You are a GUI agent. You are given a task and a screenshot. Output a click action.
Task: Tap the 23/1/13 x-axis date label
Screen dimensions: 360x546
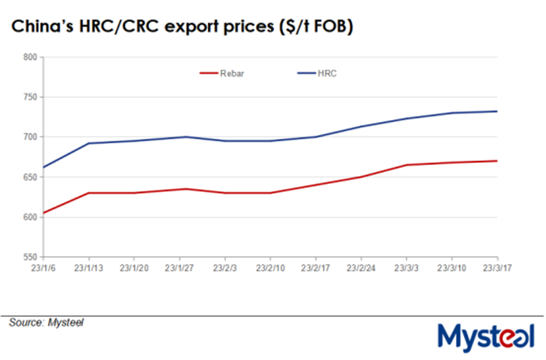[89, 267]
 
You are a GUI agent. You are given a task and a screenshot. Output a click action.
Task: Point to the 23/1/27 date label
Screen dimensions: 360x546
[180, 267]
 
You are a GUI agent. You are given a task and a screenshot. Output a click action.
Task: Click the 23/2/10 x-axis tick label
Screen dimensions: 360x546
[271, 267]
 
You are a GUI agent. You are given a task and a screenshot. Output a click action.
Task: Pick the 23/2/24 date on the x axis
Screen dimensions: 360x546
[361, 267]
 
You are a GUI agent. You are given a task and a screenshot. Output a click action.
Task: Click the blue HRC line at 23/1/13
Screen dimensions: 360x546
[89, 143]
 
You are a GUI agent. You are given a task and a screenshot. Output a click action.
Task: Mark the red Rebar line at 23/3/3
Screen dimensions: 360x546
[407, 165]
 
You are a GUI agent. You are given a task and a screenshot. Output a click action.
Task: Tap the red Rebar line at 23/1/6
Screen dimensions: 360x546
[44, 213]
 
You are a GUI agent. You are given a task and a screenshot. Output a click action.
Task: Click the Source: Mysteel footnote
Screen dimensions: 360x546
[46, 323]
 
